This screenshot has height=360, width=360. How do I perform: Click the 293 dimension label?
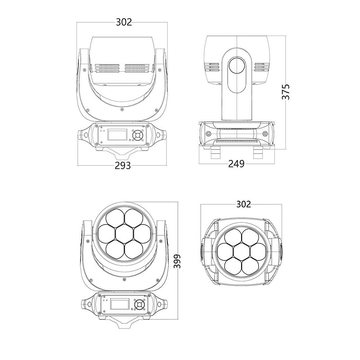click(122, 165)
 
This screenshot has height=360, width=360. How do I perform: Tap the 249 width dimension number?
click(236, 164)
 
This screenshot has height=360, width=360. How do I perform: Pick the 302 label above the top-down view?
click(243, 204)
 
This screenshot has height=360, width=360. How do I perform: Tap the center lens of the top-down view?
click(243, 251)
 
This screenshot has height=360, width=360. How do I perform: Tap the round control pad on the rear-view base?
click(137, 135)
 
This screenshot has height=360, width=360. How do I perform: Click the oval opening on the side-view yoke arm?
click(238, 68)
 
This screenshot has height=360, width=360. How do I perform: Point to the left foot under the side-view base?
click(214, 153)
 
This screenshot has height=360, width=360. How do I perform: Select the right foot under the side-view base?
click(258, 153)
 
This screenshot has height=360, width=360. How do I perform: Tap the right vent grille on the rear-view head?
click(136, 68)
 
